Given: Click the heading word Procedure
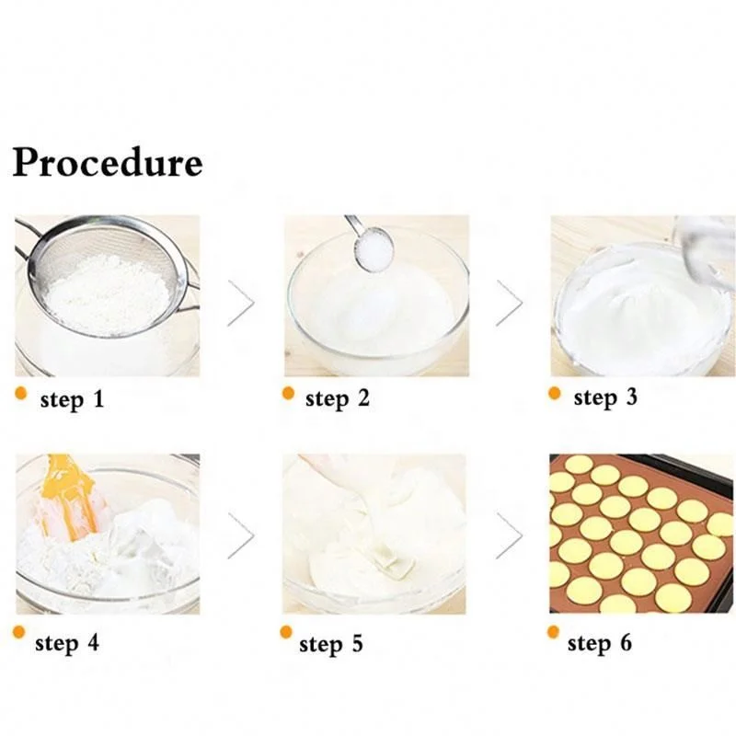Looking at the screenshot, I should point(107,163).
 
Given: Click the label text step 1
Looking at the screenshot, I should point(74,400).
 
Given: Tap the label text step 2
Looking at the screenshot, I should point(337,399).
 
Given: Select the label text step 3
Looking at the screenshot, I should point(604,397).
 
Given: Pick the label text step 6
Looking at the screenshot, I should point(600,642).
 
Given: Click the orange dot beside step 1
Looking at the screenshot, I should point(20,395).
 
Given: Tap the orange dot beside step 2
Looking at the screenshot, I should point(288,394).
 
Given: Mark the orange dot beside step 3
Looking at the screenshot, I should point(555,393).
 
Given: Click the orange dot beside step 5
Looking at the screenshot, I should point(287,632).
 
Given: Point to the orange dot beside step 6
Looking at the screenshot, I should point(554,632).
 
